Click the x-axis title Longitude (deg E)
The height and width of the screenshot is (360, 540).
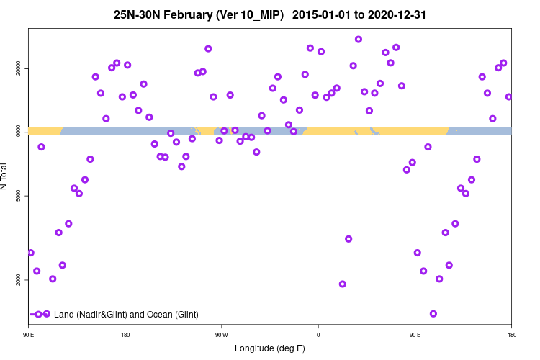click(x=270, y=348)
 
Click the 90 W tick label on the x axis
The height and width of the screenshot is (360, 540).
click(x=221, y=334)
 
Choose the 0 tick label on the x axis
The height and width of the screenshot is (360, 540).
click(x=318, y=334)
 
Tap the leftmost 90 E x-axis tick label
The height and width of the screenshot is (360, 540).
click(x=28, y=334)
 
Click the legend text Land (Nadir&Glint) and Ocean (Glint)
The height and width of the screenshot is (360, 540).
click(x=126, y=315)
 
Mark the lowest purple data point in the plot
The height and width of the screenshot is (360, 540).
click(x=433, y=314)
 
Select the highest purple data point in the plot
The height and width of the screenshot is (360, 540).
click(x=359, y=39)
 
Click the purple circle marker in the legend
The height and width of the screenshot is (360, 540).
click(x=39, y=314)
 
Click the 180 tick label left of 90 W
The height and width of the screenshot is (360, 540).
click(x=125, y=334)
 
